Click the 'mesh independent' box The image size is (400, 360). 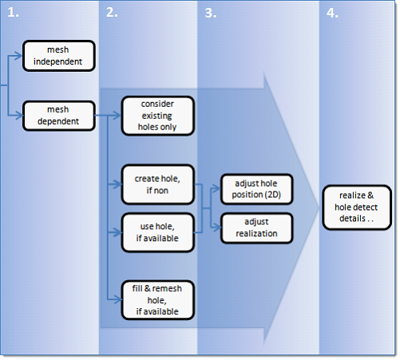click(59, 56)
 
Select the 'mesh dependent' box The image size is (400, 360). click(59, 116)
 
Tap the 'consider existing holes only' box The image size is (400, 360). click(158, 116)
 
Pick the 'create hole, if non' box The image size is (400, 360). click(158, 184)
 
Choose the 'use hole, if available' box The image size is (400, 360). click(158, 232)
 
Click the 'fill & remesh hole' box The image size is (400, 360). click(158, 300)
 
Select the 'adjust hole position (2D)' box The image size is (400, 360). click(257, 189)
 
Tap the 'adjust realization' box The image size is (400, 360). click(257, 227)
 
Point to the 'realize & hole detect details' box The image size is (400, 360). click(357, 208)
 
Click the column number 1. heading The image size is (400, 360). click(13, 13)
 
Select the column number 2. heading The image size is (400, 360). click(112, 13)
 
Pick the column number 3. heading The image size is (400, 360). click(211, 13)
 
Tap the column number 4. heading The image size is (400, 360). click(332, 13)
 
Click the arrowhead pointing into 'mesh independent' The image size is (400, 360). click(19, 56)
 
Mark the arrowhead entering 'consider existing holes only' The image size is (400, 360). click(117, 116)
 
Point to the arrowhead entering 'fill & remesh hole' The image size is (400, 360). click(117, 299)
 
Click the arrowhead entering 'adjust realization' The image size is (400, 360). click(217, 227)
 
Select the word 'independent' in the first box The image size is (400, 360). click(57, 61)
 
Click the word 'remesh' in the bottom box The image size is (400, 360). click(167, 288)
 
